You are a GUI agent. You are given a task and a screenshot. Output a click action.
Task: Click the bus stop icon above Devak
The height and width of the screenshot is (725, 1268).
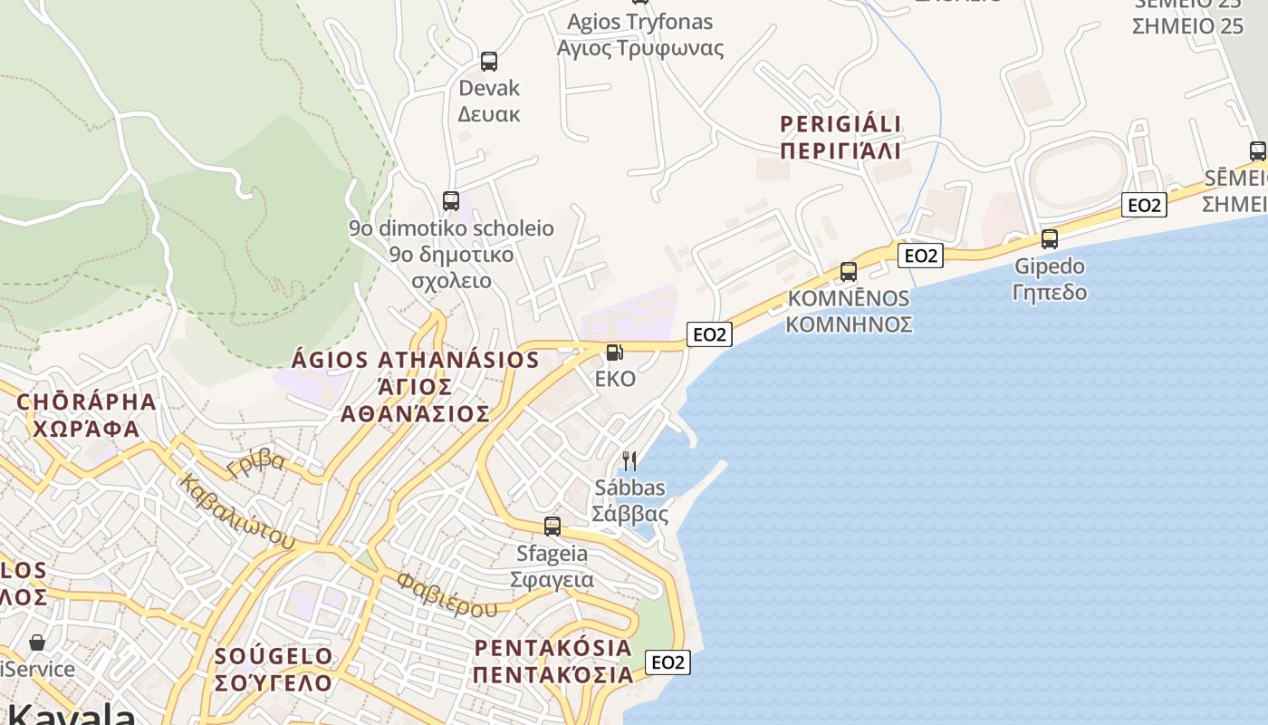[489, 62]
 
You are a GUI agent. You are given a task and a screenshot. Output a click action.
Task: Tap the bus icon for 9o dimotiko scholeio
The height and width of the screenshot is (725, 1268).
[451, 201]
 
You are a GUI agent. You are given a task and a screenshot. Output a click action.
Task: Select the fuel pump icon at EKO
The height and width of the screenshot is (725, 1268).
[614, 352]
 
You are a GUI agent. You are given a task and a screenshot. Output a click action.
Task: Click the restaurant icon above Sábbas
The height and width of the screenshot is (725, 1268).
[629, 461]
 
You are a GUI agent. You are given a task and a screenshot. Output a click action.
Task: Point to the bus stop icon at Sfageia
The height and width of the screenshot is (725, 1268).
[552, 526]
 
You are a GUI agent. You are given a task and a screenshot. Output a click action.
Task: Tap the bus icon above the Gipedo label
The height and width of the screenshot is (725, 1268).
[1050, 239]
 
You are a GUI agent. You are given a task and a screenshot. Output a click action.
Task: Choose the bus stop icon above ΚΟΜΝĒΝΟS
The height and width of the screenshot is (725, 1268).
[849, 271]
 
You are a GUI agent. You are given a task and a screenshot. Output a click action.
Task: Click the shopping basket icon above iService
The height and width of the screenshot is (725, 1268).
[37, 643]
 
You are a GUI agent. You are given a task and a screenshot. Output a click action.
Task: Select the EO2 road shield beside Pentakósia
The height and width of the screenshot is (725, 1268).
[668, 662]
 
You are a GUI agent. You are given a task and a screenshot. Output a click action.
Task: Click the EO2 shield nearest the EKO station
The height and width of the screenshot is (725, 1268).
[709, 334]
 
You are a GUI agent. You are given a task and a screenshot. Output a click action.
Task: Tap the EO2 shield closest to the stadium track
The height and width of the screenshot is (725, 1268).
[1144, 205]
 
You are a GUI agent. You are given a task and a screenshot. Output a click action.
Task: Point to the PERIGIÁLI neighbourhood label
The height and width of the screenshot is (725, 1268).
[841, 137]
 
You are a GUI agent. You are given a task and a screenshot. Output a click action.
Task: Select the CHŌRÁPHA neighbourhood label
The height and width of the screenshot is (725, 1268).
[86, 414]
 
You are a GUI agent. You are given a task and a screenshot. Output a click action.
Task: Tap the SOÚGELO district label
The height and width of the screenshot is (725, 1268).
[274, 668]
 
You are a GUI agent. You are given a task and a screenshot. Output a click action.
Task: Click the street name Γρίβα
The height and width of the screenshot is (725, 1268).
[256, 464]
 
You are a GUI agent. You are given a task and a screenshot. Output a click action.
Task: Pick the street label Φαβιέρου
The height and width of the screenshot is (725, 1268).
[447, 594]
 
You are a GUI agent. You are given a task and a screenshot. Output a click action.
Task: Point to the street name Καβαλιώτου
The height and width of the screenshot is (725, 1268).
[237, 511]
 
